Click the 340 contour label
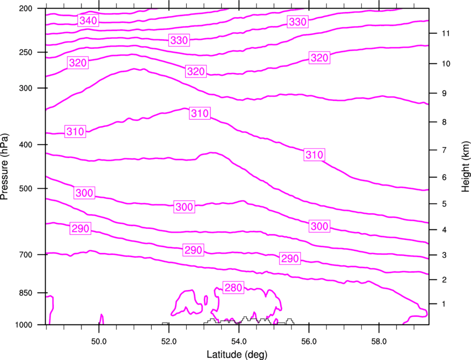pos(88,21)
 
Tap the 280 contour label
pos(233,287)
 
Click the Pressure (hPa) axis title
pos(4,167)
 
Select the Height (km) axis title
pos(465,167)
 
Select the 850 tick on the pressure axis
pos(31,292)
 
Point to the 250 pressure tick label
pos(31,53)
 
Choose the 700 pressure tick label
pos(31,255)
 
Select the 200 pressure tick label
pos(31,9)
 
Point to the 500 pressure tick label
pos(31,189)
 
